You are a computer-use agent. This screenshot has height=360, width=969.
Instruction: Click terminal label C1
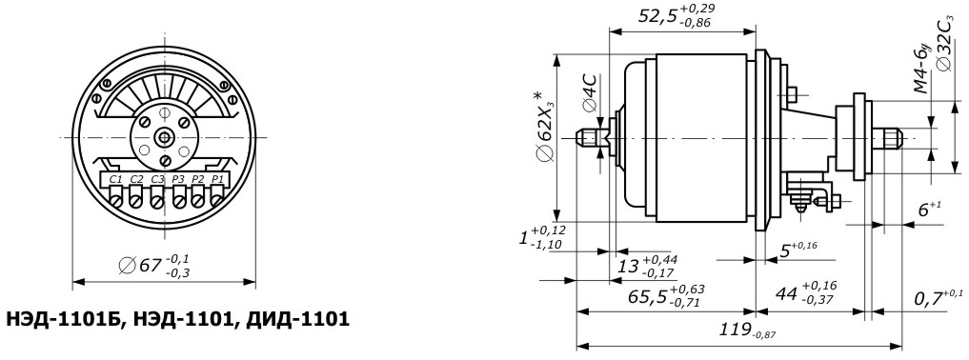(115, 179)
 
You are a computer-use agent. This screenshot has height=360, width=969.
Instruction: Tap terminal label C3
(157, 179)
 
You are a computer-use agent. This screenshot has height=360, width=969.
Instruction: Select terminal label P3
(178, 179)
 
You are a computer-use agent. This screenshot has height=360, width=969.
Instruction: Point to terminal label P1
(216, 179)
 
